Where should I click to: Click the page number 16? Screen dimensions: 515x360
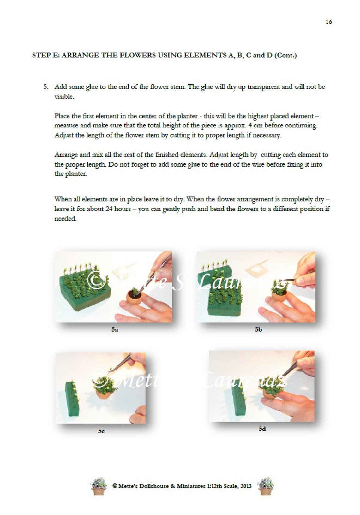328,22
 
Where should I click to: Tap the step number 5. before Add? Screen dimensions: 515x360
46,87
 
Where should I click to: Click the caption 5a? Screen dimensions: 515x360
115,329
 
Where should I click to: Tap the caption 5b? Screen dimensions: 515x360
258,329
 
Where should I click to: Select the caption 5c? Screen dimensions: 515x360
101,431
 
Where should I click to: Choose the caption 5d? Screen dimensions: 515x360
262,429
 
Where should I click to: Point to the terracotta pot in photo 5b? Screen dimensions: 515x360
279,296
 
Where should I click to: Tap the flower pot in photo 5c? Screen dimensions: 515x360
103,393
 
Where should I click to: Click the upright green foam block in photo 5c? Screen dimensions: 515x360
72,398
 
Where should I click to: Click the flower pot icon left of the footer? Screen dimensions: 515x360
99,486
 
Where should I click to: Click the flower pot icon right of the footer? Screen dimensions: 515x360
266,486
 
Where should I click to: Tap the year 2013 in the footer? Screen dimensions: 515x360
246,486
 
